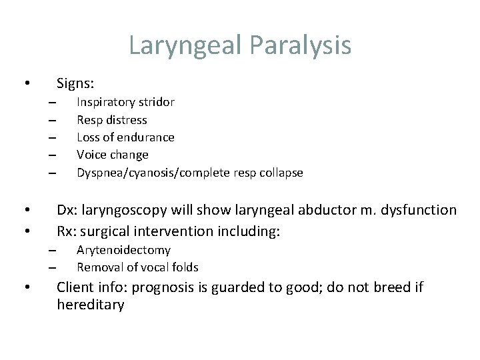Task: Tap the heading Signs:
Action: click(75, 83)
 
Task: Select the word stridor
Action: click(156, 103)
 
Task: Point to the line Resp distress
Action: click(112, 120)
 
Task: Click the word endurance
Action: click(147, 137)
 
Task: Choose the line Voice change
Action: click(113, 155)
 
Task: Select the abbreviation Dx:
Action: click(67, 210)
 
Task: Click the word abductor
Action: click(327, 210)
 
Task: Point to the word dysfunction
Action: click(423, 210)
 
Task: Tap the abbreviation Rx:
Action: click(67, 231)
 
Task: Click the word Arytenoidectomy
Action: click(123, 250)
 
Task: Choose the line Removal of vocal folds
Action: click(137, 267)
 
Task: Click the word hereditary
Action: click(91, 305)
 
